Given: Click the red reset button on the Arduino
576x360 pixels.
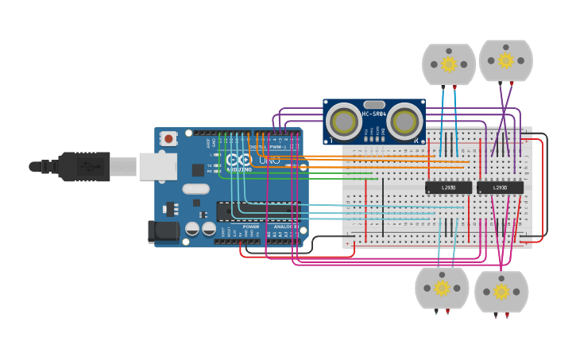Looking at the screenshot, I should tap(168, 138).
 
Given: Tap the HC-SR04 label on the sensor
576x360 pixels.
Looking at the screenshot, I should tap(374, 114).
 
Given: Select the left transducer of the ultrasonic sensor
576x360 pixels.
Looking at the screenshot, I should tap(344, 122).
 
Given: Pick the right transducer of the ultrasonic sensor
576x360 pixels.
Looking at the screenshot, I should tap(404, 122).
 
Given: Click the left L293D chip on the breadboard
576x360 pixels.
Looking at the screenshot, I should tap(448, 188).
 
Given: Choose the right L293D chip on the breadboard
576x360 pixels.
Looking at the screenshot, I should tap(500, 188).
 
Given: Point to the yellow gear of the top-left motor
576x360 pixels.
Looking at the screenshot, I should tap(449, 64).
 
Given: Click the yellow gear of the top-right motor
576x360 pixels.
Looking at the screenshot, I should tap(506, 60).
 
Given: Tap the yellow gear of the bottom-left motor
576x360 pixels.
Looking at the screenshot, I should tap(442, 288).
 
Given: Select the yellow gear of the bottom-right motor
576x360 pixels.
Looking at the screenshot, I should tap(501, 292).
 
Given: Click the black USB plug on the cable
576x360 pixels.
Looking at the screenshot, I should tap(83, 166).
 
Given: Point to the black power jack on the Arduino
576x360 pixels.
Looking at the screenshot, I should tap(164, 231).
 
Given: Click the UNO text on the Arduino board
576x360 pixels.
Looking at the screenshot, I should tap(269, 161).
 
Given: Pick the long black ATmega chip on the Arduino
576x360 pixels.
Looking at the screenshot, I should tap(254, 211).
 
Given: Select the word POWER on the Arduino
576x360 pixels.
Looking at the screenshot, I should tap(251, 226).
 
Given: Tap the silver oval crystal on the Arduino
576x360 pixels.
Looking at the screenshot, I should tap(195, 189).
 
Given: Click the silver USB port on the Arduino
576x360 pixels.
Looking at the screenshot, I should tap(157, 166).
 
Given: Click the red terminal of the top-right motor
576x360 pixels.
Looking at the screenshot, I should tap(512, 83).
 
